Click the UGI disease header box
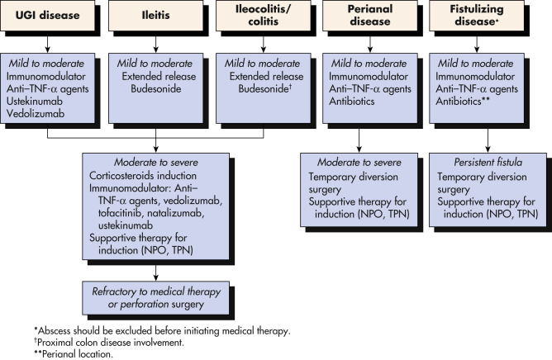pyautogui.click(x=48, y=16)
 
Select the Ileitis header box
pyautogui.click(x=155, y=16)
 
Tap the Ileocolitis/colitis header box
pyautogui.click(x=264, y=16)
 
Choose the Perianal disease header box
pyautogui.click(x=370, y=16)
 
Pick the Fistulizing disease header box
pyautogui.click(x=477, y=16)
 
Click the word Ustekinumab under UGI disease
pyautogui.click(x=35, y=102)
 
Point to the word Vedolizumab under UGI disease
pyautogui.click(x=36, y=114)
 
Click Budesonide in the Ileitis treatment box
pyautogui.click(x=156, y=88)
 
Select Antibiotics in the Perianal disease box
pyautogui.click(x=352, y=102)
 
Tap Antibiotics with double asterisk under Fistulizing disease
pyautogui.click(x=463, y=102)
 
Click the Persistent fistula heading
pyautogui.click(x=488, y=162)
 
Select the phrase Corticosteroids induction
pyautogui.click(x=143, y=176)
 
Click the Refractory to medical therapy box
pyautogui.click(x=155, y=298)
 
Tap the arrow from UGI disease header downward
pyautogui.click(x=48, y=42)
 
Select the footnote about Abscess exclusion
pyautogui.click(x=162, y=331)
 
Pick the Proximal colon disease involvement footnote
pyautogui.click(x=109, y=343)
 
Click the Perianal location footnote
pyautogui.click(x=74, y=354)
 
